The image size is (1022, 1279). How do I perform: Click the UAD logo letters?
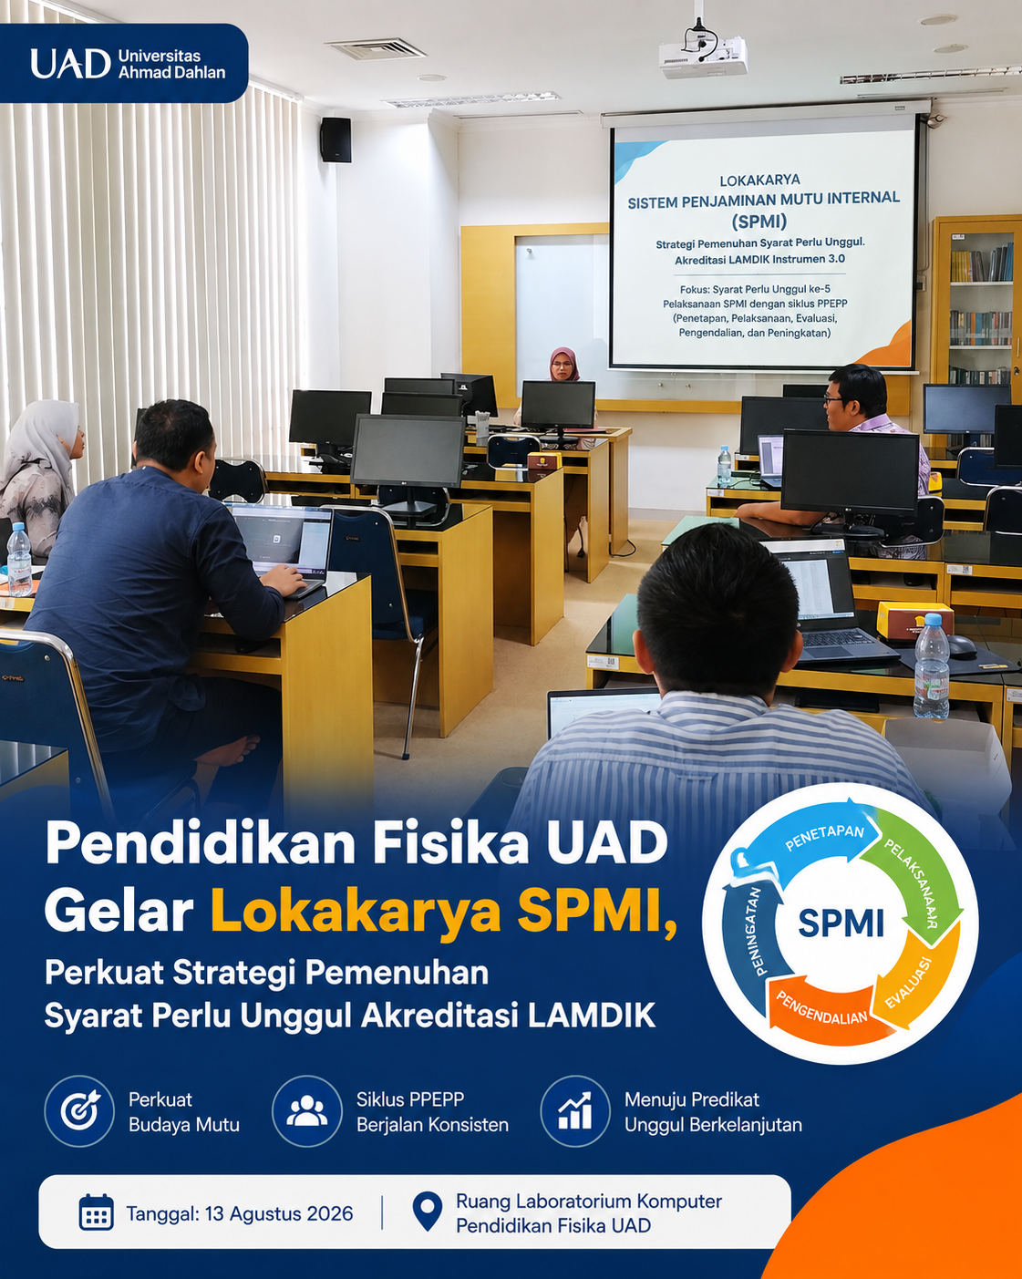click(70, 64)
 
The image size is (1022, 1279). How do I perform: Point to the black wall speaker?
click(336, 139)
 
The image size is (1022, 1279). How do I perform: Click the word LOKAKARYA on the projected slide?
click(759, 181)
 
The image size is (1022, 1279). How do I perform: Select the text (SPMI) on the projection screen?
click(759, 222)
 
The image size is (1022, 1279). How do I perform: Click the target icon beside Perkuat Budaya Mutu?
click(79, 1110)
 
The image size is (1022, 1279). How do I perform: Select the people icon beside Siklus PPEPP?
click(306, 1110)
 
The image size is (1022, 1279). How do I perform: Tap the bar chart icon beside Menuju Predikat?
click(575, 1110)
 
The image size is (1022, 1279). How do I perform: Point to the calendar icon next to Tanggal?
click(97, 1212)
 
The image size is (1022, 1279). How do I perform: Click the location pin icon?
click(427, 1212)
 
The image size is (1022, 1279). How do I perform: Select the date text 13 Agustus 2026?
click(279, 1213)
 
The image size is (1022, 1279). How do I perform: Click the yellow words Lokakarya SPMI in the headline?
click(443, 911)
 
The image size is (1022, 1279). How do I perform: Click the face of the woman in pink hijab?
click(562, 367)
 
